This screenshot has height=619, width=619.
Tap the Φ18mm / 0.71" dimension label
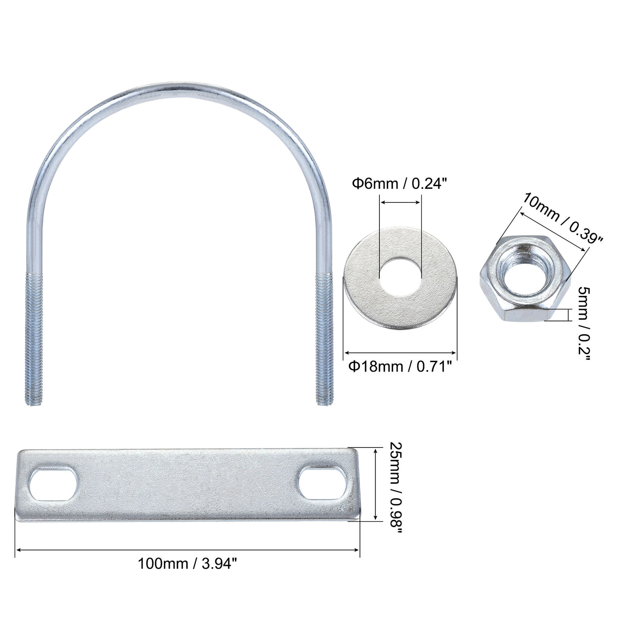tap(400, 367)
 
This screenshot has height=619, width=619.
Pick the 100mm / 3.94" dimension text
tap(188, 564)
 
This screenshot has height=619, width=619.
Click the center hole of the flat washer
tap(401, 279)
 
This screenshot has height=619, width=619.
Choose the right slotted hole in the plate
tap(321, 485)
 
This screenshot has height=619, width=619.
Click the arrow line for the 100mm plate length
tap(187, 550)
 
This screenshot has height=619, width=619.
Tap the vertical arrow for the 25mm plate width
tap(375, 485)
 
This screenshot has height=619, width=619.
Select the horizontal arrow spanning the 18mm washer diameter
tap(400, 352)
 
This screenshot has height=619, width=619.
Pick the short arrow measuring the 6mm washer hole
tap(401, 203)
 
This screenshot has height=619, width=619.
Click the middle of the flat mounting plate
tap(187, 485)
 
